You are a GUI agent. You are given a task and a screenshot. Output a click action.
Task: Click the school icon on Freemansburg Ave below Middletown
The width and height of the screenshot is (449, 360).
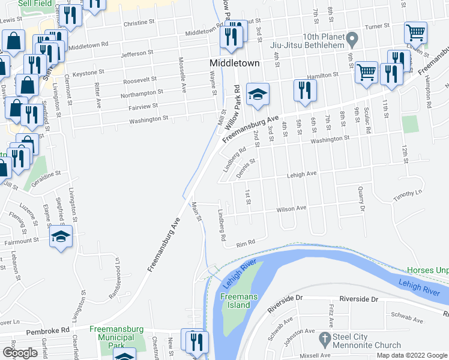pyautogui.click(x=257, y=95)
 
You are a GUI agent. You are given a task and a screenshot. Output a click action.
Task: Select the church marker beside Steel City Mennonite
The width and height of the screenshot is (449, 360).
pyautogui.click(x=325, y=339)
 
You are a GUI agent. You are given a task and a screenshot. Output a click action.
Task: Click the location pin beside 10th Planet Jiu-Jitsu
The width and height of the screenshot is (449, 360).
pyautogui.click(x=353, y=41)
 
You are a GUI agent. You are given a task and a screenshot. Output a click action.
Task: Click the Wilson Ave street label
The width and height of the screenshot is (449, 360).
pyautogui.click(x=291, y=209)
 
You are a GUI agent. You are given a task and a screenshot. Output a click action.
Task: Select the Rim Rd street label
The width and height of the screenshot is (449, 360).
pyautogui.click(x=246, y=242)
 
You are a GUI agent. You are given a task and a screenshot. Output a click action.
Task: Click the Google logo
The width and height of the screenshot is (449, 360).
pyautogui.click(x=20, y=353)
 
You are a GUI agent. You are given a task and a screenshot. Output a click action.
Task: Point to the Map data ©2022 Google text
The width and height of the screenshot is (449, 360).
pyautogui.click(x=412, y=355)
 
